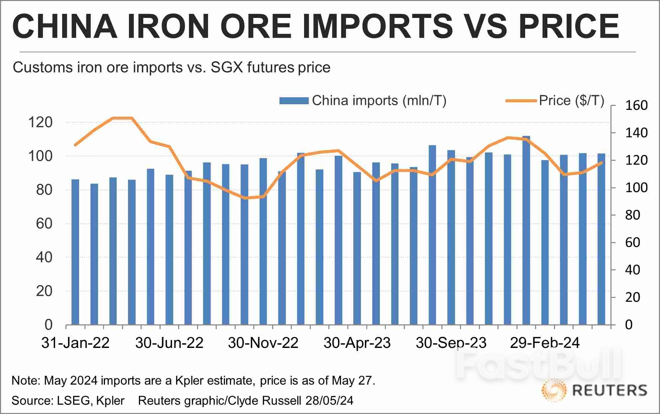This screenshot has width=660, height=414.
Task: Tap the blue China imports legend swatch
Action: pyautogui.click(x=294, y=101)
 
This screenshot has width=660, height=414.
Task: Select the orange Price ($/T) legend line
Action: pyautogui.click(x=521, y=101)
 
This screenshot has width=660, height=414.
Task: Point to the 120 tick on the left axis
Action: pyautogui.click(x=40, y=123)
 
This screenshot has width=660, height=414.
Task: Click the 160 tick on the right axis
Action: pyautogui.click(x=636, y=106)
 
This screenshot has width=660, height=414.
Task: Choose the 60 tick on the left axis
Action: pyautogui.click(x=44, y=223)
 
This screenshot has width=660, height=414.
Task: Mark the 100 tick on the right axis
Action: pyautogui.click(x=636, y=188)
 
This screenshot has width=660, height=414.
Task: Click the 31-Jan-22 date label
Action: pyautogui.click(x=75, y=343)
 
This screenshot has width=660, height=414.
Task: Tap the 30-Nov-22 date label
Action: pyautogui.click(x=263, y=343)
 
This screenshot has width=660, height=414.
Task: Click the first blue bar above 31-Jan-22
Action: pyautogui.click(x=75, y=252)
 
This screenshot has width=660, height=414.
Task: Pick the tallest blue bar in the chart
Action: pyautogui.click(x=526, y=232)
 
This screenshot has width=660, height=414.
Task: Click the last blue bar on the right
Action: pyautogui.click(x=601, y=239)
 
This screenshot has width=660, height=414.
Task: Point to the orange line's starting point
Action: pyautogui.click(x=75, y=145)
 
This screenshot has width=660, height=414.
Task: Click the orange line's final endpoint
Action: pyautogui.click(x=602, y=163)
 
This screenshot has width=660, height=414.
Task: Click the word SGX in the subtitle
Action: pyautogui.click(x=225, y=67)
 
